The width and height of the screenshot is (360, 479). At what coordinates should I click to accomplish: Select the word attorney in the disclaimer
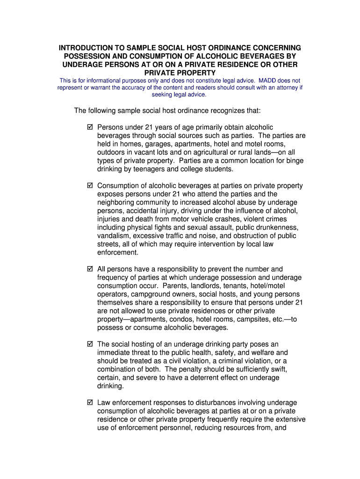pyautogui.click(x=280, y=87)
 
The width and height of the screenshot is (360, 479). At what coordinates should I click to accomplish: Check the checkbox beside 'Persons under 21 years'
pyautogui.click(x=90, y=127)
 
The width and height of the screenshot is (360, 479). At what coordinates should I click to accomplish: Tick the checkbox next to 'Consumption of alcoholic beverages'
pyautogui.click(x=90, y=186)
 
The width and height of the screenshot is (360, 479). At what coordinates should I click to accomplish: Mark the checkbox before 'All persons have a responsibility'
pyautogui.click(x=90, y=269)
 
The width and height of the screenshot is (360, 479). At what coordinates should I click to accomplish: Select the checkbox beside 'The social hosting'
pyautogui.click(x=90, y=344)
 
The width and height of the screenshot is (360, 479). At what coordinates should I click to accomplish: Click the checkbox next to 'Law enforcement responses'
pyautogui.click(x=90, y=403)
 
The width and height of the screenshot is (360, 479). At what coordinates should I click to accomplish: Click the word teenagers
pyautogui.click(x=144, y=169)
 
